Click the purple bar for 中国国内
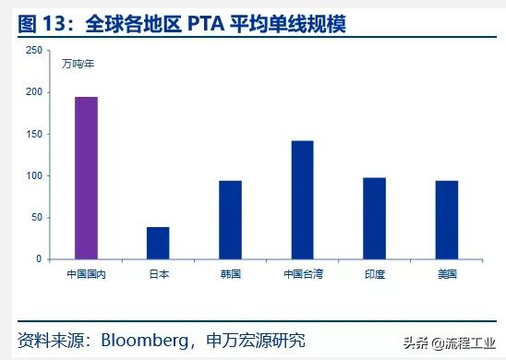pyautogui.click(x=86, y=178)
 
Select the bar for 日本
pyautogui.click(x=158, y=243)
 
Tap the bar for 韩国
pyautogui.click(x=230, y=220)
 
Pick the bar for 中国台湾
pyautogui.click(x=302, y=199)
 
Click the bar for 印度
pyautogui.click(x=374, y=218)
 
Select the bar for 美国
pyautogui.click(x=446, y=220)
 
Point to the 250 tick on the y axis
pyautogui.click(x=33, y=50)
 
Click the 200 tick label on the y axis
pyautogui.click(x=33, y=92)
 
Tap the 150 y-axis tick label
pyautogui.click(x=33, y=134)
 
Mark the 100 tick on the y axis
pyautogui.click(x=33, y=175)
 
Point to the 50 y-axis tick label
pyautogui.click(x=36, y=218)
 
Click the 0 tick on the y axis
pyautogui.click(x=39, y=259)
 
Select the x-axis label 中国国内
pyautogui.click(x=86, y=275)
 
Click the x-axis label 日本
pyautogui.click(x=158, y=275)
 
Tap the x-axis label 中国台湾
pyautogui.click(x=302, y=275)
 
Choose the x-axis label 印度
pyautogui.click(x=374, y=275)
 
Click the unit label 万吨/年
pyautogui.click(x=78, y=64)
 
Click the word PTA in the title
pyautogui.click(x=210, y=21)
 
